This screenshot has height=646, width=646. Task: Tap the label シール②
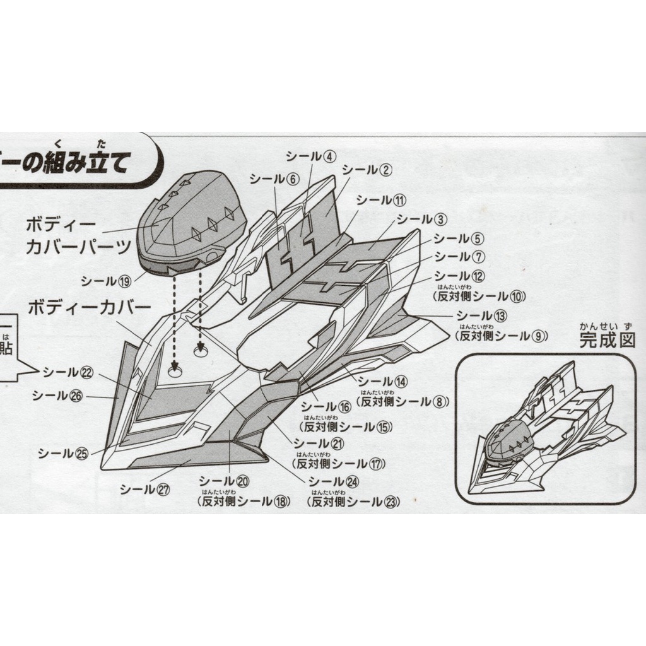[x=367, y=170]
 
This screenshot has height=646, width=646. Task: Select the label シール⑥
[x=273, y=179]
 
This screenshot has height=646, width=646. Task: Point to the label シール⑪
[x=382, y=201]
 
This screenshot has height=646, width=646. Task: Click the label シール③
[x=422, y=220]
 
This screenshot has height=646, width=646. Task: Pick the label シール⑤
[x=459, y=239]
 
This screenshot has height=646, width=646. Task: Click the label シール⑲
[x=105, y=281]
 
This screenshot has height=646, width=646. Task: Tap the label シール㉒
[x=68, y=372]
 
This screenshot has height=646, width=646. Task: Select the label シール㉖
[x=57, y=396]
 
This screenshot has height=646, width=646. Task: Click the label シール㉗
[x=145, y=489]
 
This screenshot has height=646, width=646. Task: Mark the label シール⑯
[x=326, y=408]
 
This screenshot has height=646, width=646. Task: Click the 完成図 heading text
[x=607, y=340]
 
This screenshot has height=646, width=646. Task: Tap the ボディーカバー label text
[x=89, y=309]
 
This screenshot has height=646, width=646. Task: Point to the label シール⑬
[x=482, y=315]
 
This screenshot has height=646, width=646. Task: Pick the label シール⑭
[x=383, y=381]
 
